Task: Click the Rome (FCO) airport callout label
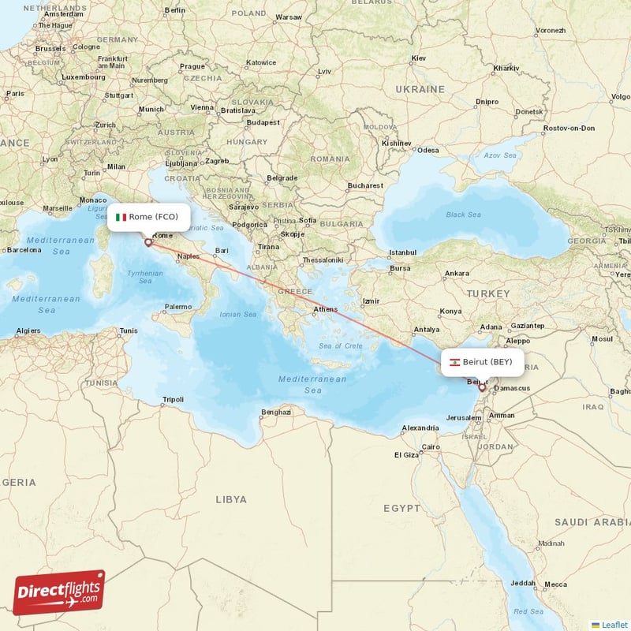point(151,217)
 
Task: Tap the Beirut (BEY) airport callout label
point(482,362)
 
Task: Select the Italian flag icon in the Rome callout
point(121,217)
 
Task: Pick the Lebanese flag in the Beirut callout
point(454,362)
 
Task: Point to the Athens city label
point(326,309)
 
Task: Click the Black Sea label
point(463,215)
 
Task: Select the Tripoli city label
point(172,400)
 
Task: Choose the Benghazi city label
point(276,412)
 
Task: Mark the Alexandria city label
point(420,428)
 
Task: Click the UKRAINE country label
point(420,89)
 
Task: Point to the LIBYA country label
point(231,499)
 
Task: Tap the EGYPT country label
point(402,509)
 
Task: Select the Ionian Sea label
point(238,314)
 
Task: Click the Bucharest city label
point(364,186)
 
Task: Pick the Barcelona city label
point(24,250)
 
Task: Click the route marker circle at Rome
point(147,242)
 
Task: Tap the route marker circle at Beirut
point(482,387)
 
